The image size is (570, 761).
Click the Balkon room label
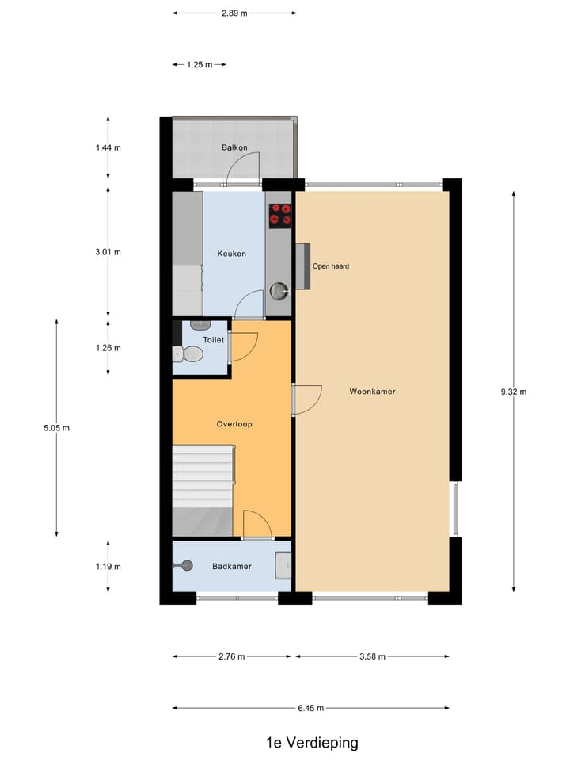coord(234,147)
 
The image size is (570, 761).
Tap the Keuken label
coord(231,254)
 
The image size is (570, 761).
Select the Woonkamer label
coord(372,392)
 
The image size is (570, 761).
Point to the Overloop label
coord(234,424)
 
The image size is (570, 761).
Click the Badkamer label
coord(231,566)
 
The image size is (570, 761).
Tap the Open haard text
coord(331,266)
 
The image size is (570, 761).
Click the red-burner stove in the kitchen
coord(279,215)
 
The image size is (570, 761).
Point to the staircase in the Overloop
coord(203,476)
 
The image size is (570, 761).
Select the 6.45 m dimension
coord(311,708)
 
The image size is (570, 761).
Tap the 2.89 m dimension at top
coord(234,13)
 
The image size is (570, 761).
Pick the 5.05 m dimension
coord(57,428)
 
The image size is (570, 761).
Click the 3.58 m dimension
coord(372,656)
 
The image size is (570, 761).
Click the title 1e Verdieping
coord(312,743)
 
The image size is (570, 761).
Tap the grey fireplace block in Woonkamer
coord(302,267)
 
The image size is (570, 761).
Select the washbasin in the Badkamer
coord(283,565)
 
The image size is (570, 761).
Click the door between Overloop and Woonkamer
coord(306,400)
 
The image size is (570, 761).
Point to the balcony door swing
coord(241,169)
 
